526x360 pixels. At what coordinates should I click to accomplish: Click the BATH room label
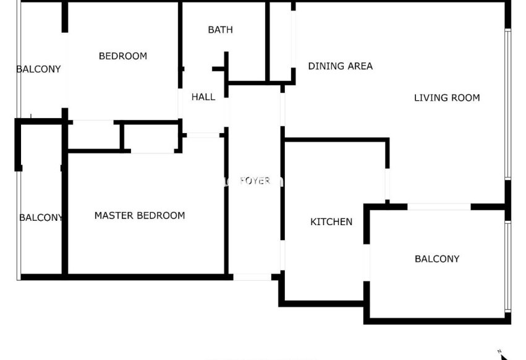(x=221, y=30)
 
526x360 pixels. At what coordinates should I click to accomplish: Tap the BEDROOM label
(x=123, y=56)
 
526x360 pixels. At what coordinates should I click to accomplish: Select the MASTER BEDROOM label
(x=140, y=216)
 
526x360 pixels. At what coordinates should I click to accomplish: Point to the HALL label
(x=203, y=97)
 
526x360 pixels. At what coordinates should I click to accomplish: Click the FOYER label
(x=255, y=181)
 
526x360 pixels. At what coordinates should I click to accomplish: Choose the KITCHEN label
(x=331, y=222)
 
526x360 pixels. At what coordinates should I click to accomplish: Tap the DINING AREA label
(x=341, y=66)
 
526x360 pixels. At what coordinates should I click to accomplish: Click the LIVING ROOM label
(x=447, y=98)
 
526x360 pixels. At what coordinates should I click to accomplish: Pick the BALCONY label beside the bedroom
(x=38, y=69)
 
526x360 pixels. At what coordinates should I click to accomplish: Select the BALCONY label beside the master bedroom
(x=41, y=218)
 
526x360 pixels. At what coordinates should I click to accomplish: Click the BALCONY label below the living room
(x=437, y=259)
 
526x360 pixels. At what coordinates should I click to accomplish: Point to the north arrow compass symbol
(x=503, y=355)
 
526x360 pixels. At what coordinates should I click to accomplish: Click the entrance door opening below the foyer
(x=252, y=277)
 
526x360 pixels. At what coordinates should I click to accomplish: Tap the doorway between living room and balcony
(x=439, y=207)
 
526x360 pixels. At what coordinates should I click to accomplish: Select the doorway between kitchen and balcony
(x=367, y=263)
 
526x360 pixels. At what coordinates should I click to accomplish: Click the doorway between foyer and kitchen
(x=282, y=255)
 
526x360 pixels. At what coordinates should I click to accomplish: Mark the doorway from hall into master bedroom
(x=203, y=135)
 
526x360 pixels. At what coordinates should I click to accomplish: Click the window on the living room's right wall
(x=508, y=104)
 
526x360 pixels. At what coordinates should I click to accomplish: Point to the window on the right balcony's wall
(x=508, y=267)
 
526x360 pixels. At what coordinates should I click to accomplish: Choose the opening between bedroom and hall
(x=180, y=103)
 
